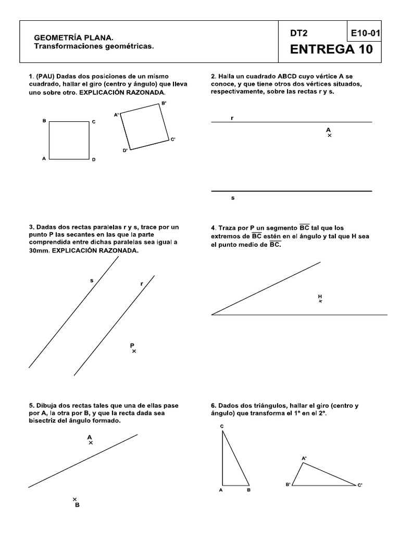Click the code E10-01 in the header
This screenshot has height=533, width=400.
[x=365, y=33]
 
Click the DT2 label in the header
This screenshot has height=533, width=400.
[x=299, y=33]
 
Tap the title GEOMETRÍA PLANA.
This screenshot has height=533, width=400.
[x=72, y=38]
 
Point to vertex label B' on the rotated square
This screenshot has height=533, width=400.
[x=164, y=104]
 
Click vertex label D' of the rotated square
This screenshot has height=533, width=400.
[x=126, y=150]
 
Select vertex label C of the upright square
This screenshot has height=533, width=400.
[x=94, y=122]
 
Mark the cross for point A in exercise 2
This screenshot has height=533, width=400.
[x=329, y=135]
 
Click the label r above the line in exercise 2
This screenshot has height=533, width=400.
[x=232, y=118]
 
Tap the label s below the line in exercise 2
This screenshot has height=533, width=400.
[x=232, y=198]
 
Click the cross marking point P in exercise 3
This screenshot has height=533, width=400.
[x=134, y=351]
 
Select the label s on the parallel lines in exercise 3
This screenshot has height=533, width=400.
[x=92, y=281]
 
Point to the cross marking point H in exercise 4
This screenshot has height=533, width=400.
[x=320, y=301]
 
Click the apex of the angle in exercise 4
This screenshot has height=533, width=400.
[x=212, y=314]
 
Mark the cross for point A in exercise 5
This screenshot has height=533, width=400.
[x=91, y=443]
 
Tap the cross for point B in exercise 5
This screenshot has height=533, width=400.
[x=75, y=499]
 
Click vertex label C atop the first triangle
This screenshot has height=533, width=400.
[x=222, y=427]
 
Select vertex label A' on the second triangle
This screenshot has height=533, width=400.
[x=304, y=458]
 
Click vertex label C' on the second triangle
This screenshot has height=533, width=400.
[x=360, y=485]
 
